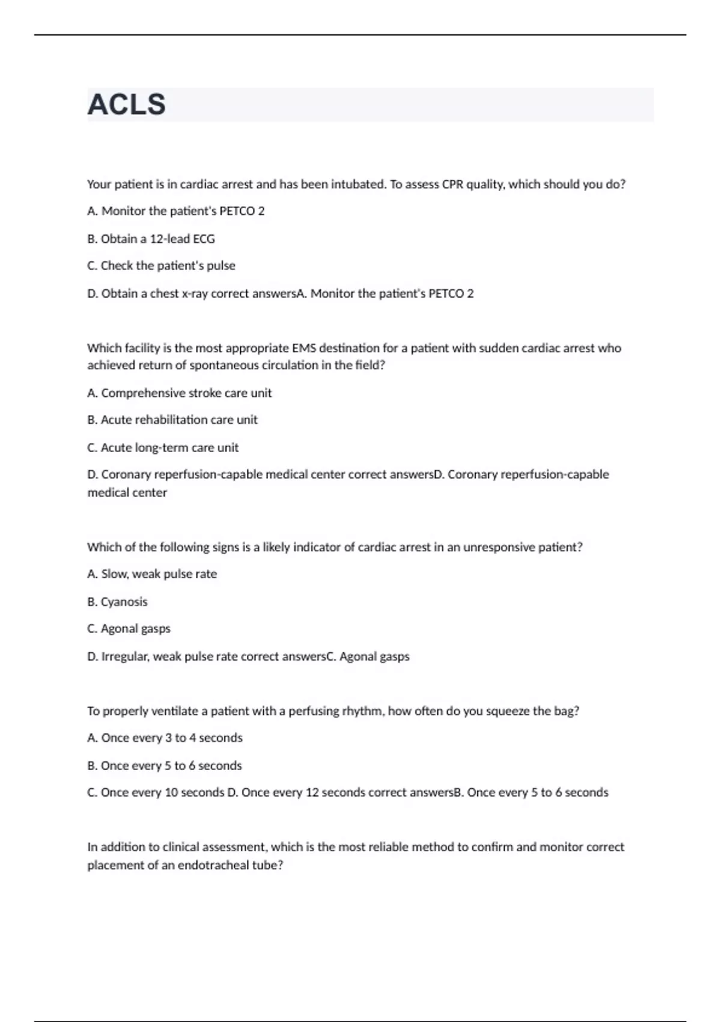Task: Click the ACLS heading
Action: (126, 105)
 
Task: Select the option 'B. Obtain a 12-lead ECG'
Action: (151, 239)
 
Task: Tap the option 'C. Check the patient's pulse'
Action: (161, 266)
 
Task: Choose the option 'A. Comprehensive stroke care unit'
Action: (179, 393)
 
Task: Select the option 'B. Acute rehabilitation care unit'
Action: (172, 420)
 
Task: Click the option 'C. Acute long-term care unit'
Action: (163, 447)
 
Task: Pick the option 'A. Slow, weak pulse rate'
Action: (152, 574)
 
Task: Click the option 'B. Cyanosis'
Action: (117, 602)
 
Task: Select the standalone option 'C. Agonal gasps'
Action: (129, 629)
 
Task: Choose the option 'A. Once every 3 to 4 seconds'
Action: (165, 738)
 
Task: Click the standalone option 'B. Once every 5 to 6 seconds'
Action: (165, 765)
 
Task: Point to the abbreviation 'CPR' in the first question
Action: (452, 185)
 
